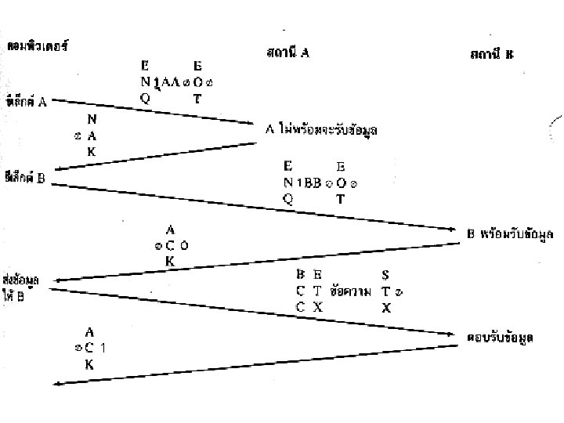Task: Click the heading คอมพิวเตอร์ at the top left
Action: coord(38,45)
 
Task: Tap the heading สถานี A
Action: coord(287,53)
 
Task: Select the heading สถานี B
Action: coord(491,54)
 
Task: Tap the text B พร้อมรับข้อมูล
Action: coord(515,235)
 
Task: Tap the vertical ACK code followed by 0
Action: coord(170,245)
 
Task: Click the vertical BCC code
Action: coord(300,291)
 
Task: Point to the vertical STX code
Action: coord(385,291)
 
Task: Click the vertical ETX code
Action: coord(317,291)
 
